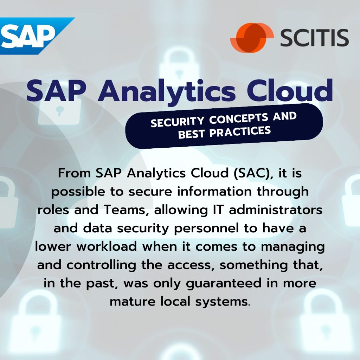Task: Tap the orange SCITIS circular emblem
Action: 252,38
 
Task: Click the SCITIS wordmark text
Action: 314,38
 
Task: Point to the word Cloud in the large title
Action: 290,90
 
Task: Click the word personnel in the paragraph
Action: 206,229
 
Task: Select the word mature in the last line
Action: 133,302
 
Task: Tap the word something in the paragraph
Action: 254,265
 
